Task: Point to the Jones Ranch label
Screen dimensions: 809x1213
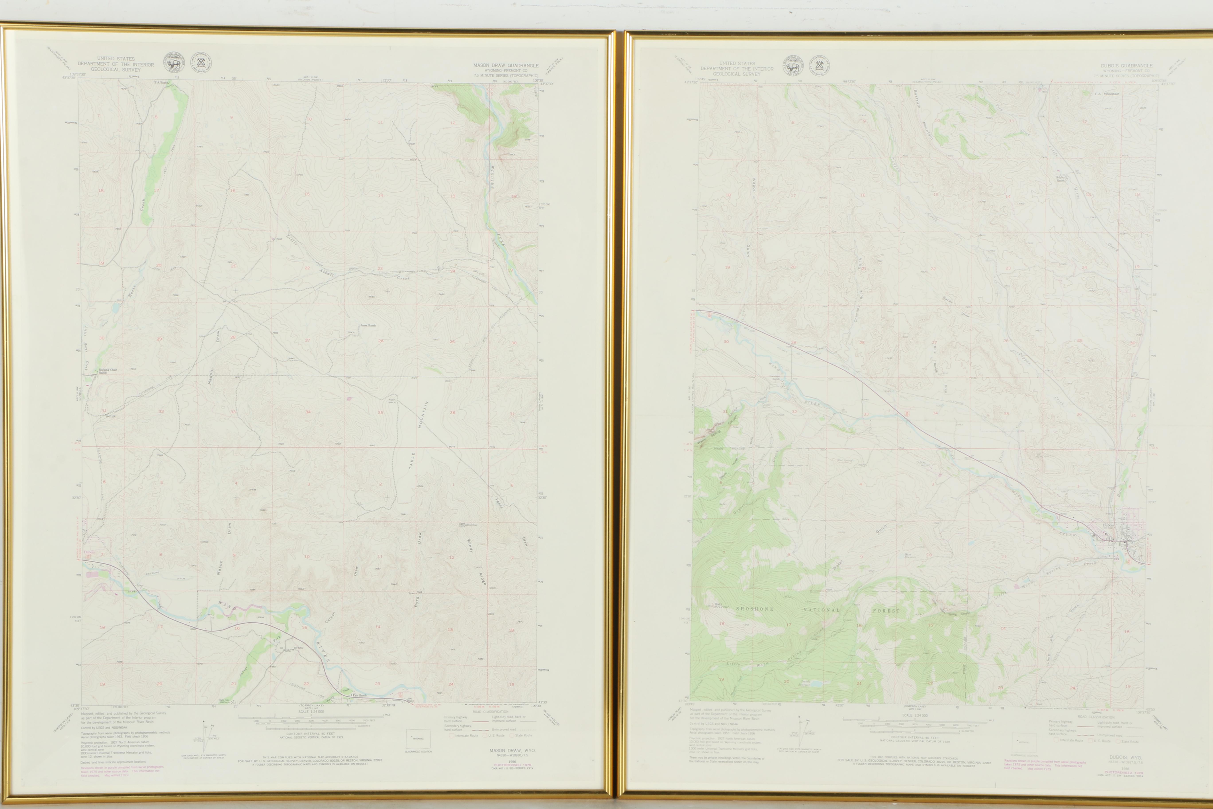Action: tap(368, 326)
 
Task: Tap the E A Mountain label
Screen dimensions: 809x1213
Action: tap(1107, 94)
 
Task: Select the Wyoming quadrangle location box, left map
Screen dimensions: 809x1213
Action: tap(418, 738)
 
